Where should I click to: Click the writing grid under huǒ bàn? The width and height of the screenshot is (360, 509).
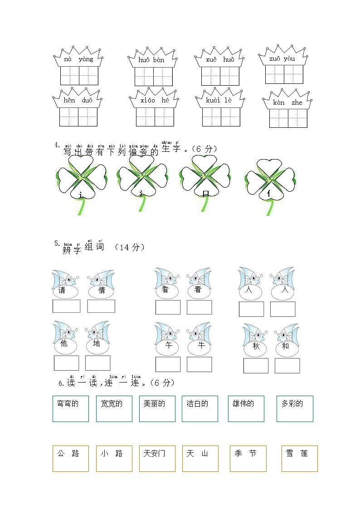[x=153, y=77]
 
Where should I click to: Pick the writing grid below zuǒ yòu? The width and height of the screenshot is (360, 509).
[x=284, y=74]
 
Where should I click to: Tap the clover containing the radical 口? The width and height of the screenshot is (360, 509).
[x=205, y=177]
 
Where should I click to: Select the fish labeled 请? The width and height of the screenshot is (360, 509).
[x=64, y=284]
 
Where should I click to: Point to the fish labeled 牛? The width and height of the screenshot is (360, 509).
[x=199, y=338]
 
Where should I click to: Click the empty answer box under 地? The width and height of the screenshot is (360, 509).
[x=97, y=363]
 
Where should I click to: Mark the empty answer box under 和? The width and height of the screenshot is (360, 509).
[x=287, y=366]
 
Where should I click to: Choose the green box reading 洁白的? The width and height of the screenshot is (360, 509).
[x=200, y=408]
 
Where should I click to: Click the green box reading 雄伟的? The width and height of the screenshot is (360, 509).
[x=246, y=408]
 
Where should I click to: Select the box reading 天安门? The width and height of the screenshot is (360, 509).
[x=157, y=458]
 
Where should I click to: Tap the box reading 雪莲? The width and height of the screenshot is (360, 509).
[x=299, y=458]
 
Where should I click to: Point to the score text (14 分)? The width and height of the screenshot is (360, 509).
[x=130, y=247]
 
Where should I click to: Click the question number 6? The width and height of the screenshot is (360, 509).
[x=60, y=383]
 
